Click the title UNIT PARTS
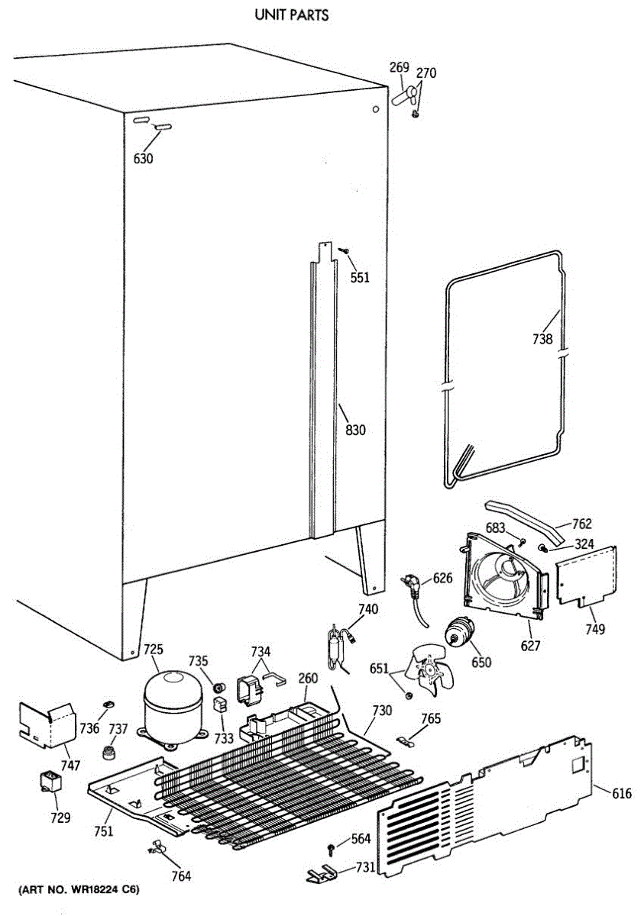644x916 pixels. pyautogui.click(x=293, y=15)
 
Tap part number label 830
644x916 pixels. pyautogui.click(x=355, y=431)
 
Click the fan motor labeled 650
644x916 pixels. pyautogui.click(x=460, y=634)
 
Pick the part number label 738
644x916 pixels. pyautogui.click(x=542, y=340)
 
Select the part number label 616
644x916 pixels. pyautogui.click(x=622, y=794)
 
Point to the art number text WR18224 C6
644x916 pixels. pyautogui.click(x=79, y=890)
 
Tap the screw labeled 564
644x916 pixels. pyautogui.click(x=330, y=848)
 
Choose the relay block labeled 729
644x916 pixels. pyautogui.click(x=52, y=782)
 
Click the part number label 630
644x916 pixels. pyautogui.click(x=143, y=159)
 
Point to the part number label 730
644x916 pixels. pyautogui.click(x=382, y=711)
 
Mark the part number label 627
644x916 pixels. pyautogui.click(x=530, y=646)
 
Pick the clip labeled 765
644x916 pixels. pyautogui.click(x=408, y=740)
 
